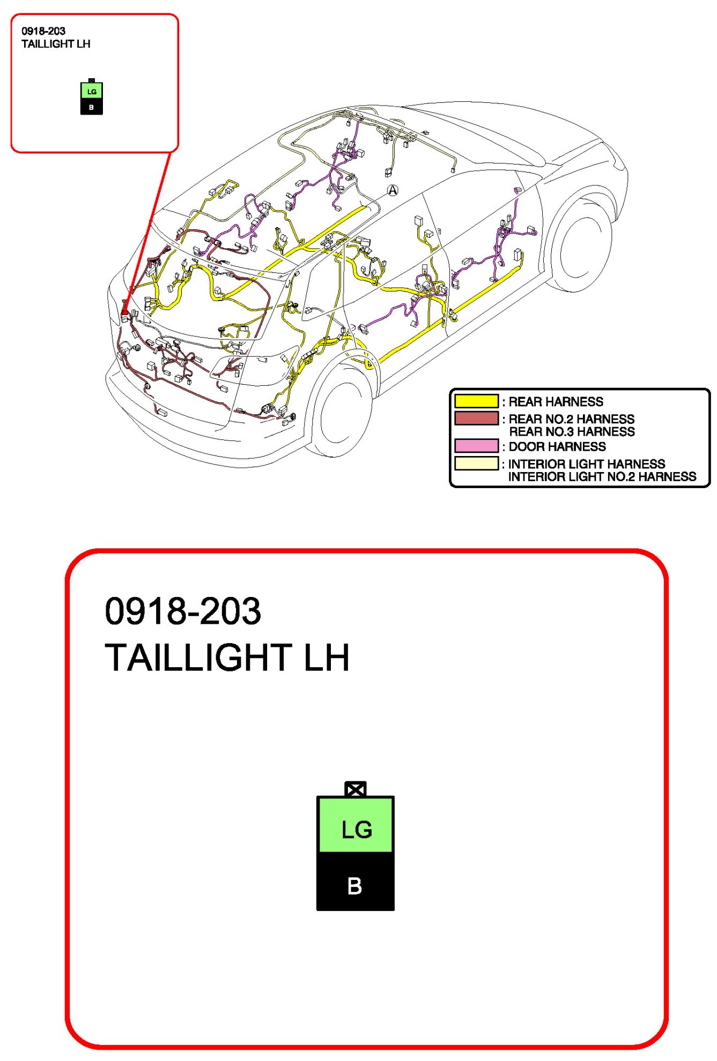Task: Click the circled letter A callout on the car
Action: tap(393, 190)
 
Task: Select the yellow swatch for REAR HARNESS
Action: tap(476, 401)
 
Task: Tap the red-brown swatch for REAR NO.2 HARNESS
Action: tap(476, 418)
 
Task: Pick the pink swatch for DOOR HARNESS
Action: tap(476, 446)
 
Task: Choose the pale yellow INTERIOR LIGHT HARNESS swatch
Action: tap(476, 463)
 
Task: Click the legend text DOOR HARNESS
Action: tap(557, 446)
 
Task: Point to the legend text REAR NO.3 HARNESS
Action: tap(572, 432)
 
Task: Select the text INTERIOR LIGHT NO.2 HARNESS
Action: tap(602, 477)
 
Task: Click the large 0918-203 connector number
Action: tap(183, 611)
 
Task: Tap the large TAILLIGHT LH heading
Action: tap(227, 657)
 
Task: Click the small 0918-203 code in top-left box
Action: tap(43, 31)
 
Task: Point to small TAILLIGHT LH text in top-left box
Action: tap(56, 44)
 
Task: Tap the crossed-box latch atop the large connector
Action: tap(356, 789)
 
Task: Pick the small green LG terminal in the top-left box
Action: tap(92, 91)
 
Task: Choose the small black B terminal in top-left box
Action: tap(91, 107)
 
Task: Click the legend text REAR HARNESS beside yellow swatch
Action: tap(556, 401)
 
